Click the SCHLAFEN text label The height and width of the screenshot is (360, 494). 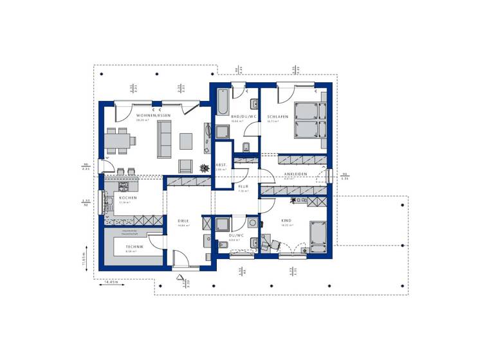pyautogui.click(x=277, y=116)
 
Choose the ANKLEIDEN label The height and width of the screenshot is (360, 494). pyautogui.click(x=296, y=174)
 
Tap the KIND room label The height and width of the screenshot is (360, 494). pyautogui.click(x=286, y=221)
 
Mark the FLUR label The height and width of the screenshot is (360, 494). pyautogui.click(x=243, y=186)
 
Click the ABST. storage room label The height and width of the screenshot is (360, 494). pyautogui.click(x=221, y=165)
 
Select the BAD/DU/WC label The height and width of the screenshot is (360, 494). pyautogui.click(x=244, y=116)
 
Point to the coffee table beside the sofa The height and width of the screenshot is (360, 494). pyautogui.click(x=186, y=140)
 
